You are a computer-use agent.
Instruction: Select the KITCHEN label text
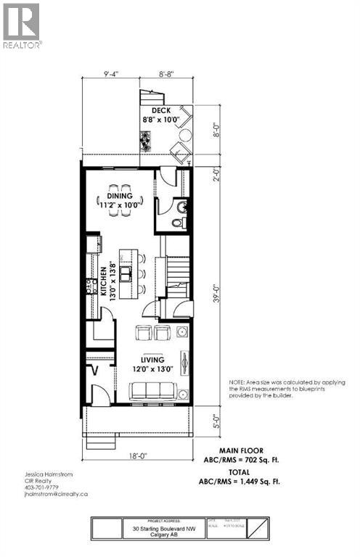click(103, 279)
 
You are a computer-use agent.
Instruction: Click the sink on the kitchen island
click(126, 273)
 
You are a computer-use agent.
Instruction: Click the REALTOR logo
click(21, 25)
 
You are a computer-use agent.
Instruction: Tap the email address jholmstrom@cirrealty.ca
click(51, 493)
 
